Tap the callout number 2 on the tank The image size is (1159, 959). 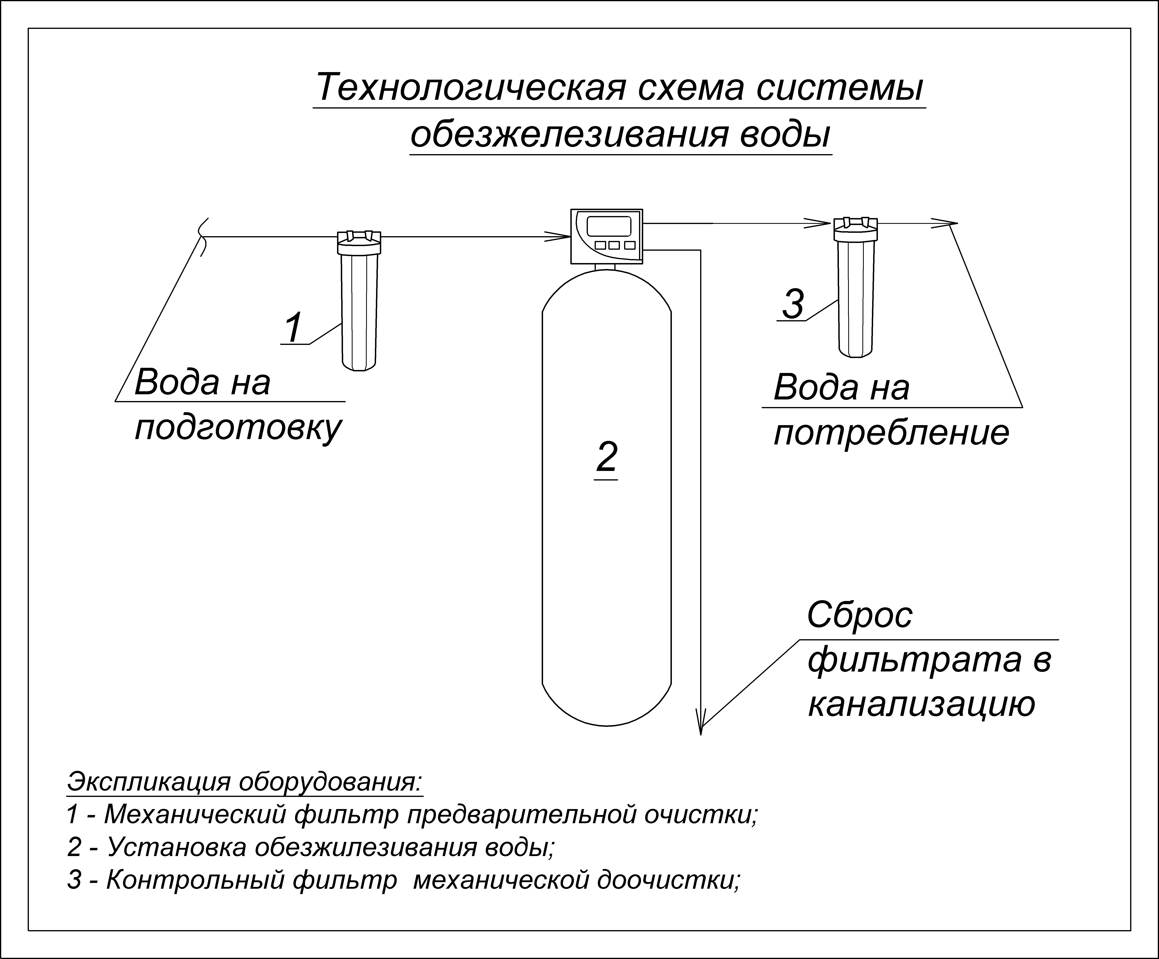pyautogui.click(x=607, y=457)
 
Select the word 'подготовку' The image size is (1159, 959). pyautogui.click(x=238, y=428)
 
